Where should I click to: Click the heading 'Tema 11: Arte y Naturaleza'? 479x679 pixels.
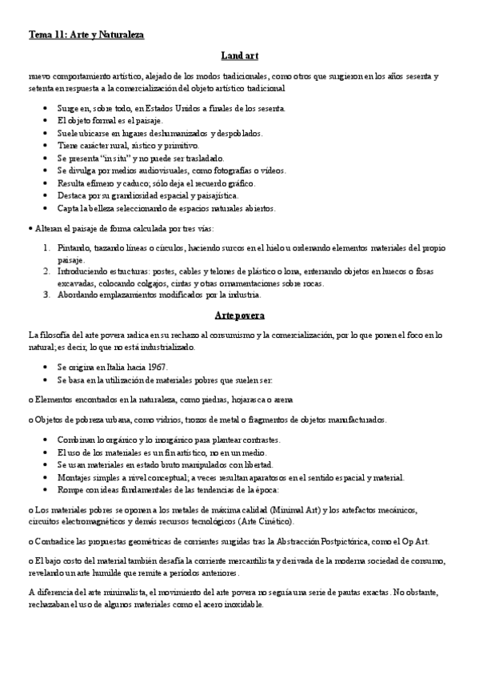click(86, 35)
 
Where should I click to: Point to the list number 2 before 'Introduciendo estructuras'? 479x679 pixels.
click(47, 272)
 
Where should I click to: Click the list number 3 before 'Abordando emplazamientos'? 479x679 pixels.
click(47, 294)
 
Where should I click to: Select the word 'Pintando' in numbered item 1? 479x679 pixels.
click(74, 249)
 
